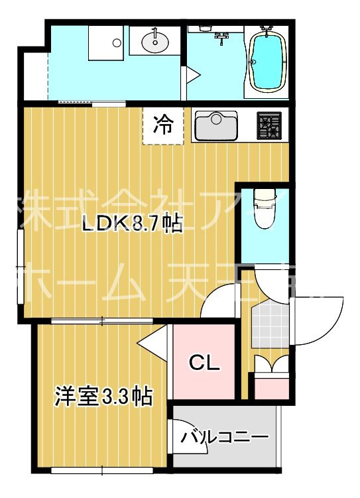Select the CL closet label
(x=204, y=363)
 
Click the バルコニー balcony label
(x=225, y=437)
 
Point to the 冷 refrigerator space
(x=162, y=124)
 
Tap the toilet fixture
(x=265, y=210)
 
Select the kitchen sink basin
(x=216, y=125)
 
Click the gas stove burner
(x=269, y=124)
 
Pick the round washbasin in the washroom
(x=155, y=43)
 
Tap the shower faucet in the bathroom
(x=221, y=36)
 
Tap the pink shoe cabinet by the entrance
(x=272, y=387)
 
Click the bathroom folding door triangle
(x=192, y=75)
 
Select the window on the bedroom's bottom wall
(x=102, y=471)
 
